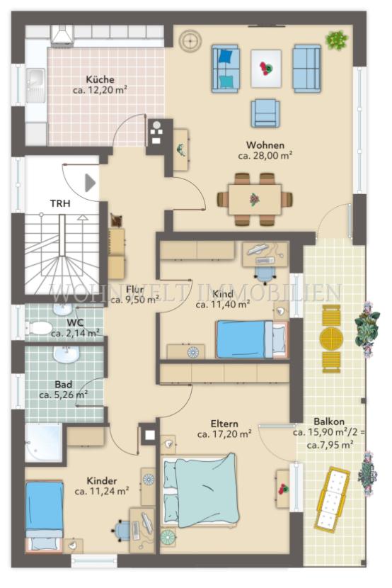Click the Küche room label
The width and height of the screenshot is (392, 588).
pyautogui.click(x=100, y=79)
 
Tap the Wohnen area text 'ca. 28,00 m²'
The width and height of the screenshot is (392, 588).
pyautogui.click(x=265, y=156)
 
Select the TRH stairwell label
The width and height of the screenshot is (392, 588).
pyautogui.click(x=60, y=203)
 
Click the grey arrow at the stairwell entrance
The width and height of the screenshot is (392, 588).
pyautogui.click(x=91, y=183)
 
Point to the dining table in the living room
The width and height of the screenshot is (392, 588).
pyautogui.click(x=255, y=200)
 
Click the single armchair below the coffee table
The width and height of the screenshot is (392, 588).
pyautogui.click(x=265, y=113)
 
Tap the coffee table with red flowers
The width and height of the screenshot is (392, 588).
pyautogui.click(x=266, y=69)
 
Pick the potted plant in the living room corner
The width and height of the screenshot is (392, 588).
pyautogui.click(x=337, y=40)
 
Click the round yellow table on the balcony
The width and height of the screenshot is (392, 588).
pyautogui.click(x=331, y=339)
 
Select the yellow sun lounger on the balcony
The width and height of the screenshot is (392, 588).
pyautogui.click(x=332, y=498)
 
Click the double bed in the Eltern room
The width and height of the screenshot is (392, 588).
pyautogui.click(x=201, y=490)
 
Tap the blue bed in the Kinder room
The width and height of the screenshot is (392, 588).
pyautogui.click(x=44, y=516)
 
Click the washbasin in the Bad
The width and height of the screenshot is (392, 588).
pyautogui.click(x=66, y=354)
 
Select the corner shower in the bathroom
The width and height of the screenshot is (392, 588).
pyautogui.click(x=43, y=443)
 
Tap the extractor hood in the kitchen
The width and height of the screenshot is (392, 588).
pyautogui.click(x=62, y=35)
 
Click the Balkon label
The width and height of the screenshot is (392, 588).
pyautogui.click(x=329, y=422)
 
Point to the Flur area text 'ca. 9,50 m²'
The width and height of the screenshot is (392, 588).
pyautogui.click(x=134, y=300)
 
